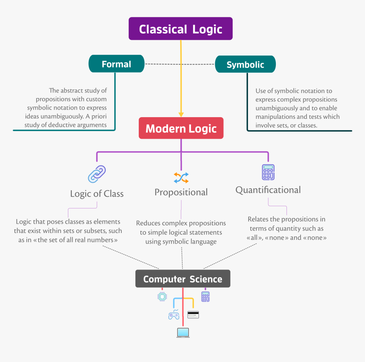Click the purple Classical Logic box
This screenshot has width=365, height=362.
[180, 29]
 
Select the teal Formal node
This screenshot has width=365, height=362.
[116, 64]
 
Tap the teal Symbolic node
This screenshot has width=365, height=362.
[245, 65]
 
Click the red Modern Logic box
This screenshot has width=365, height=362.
[181, 129]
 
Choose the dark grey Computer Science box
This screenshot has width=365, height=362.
[182, 279]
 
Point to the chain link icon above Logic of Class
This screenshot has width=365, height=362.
[97, 174]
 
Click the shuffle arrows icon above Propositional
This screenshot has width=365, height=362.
[181, 177]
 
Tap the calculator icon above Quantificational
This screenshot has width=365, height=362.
[268, 172]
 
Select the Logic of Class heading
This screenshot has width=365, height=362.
[97, 194]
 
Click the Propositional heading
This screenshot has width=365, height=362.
[181, 192]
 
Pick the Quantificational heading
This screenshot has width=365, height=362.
[268, 190]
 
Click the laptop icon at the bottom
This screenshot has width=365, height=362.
[183, 333]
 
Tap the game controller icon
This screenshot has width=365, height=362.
[174, 315]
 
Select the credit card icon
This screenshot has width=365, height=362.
[193, 315]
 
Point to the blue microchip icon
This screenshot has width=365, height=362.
[162, 296]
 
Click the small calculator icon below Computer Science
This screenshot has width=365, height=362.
[205, 297]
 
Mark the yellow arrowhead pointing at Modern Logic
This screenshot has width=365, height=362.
[181, 114]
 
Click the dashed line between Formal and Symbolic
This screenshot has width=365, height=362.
[180, 64]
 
